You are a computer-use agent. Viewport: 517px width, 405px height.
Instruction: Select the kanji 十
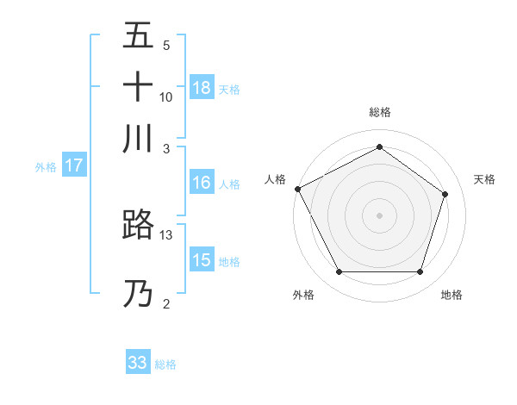click(x=138, y=87)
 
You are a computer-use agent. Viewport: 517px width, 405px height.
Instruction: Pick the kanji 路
click(x=138, y=225)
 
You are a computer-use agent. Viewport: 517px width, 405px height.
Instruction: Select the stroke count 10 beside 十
click(x=166, y=97)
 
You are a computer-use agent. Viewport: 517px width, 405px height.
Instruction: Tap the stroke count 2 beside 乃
click(x=166, y=303)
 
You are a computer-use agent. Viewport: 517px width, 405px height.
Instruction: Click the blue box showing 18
click(x=202, y=88)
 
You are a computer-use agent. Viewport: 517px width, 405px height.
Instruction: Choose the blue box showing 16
click(x=202, y=183)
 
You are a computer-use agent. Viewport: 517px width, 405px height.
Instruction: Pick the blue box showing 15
click(x=202, y=260)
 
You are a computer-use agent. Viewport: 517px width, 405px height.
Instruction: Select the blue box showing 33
click(x=138, y=363)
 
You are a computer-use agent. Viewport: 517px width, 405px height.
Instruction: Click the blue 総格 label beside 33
click(x=166, y=364)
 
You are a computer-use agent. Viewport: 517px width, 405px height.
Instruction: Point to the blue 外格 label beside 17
click(x=46, y=167)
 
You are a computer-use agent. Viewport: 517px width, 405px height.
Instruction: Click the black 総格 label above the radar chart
click(x=379, y=112)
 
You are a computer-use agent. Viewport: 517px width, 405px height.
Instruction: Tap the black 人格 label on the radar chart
click(x=275, y=179)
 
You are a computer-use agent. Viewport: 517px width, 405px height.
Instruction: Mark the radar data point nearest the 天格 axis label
click(x=445, y=194)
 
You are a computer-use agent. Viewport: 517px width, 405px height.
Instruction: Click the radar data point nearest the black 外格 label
click(x=339, y=272)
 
